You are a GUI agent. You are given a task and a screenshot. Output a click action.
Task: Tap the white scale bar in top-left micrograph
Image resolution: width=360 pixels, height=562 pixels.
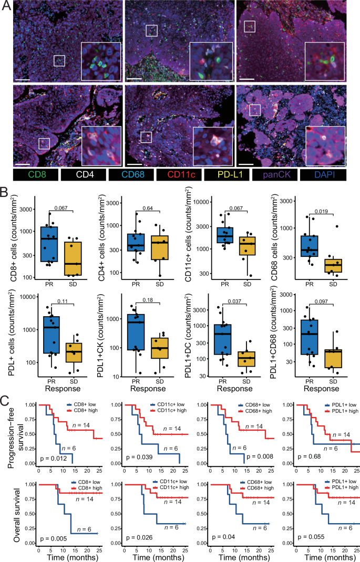[22, 80]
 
